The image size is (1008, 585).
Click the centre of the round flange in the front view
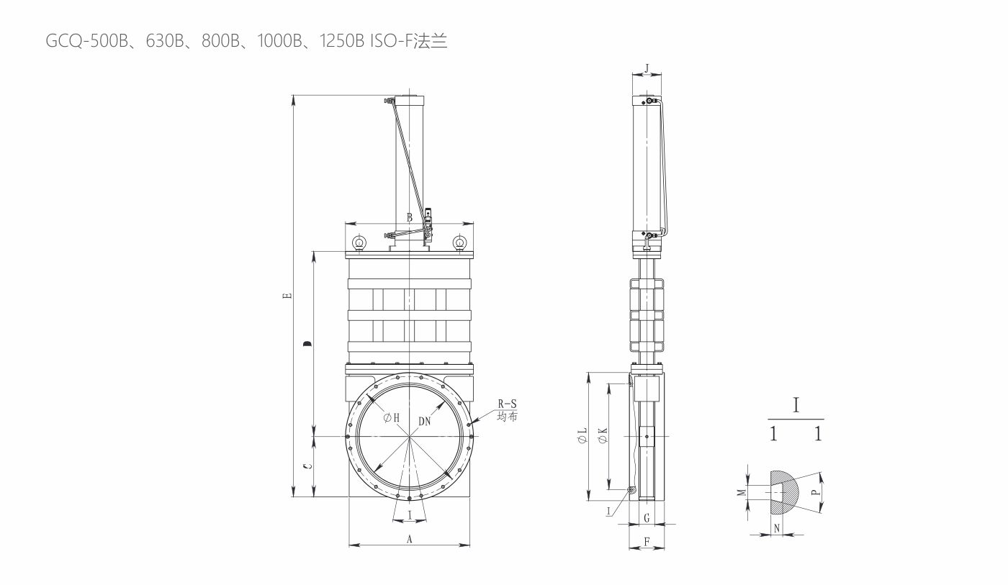tap(410, 436)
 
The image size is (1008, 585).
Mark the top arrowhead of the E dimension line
tap(294, 96)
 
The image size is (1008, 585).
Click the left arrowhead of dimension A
tap(350, 545)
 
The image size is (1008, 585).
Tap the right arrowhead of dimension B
tap(474, 223)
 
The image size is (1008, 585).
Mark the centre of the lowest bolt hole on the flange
tap(410, 498)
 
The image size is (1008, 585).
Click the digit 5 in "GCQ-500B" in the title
tap(95, 41)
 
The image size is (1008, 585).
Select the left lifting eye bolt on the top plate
tap(359, 243)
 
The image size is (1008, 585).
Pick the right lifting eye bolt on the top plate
tap(459, 243)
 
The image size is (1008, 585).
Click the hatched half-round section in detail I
tap(784, 493)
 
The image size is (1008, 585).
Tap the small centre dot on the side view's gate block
tap(647, 436)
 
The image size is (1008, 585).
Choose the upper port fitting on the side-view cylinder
tap(649, 100)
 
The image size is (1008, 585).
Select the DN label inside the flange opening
tap(424, 422)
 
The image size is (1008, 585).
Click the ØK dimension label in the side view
tap(603, 435)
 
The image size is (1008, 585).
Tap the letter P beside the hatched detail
tap(815, 492)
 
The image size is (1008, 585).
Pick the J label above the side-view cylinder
tap(647, 68)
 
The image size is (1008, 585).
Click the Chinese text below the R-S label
tap(507, 417)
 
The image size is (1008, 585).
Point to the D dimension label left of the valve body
tap(307, 344)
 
